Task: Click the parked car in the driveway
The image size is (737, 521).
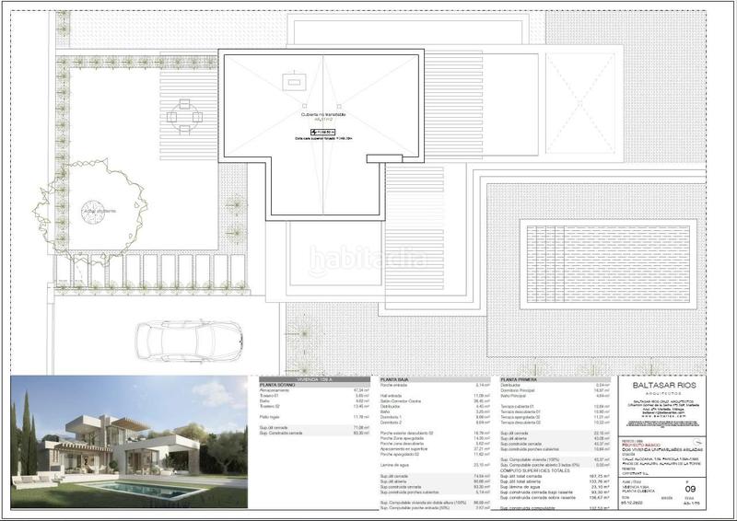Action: pyautogui.click(x=188, y=340)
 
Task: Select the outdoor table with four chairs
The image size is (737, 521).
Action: pyautogui.click(x=184, y=117)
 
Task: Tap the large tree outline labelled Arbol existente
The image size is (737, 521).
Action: pyautogui.click(x=92, y=210)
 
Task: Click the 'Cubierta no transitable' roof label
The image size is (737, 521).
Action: pyautogui.click(x=322, y=115)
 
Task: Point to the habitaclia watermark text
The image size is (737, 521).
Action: pyautogui.click(x=368, y=260)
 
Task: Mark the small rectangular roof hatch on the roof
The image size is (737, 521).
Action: pyautogui.click(x=295, y=82)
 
